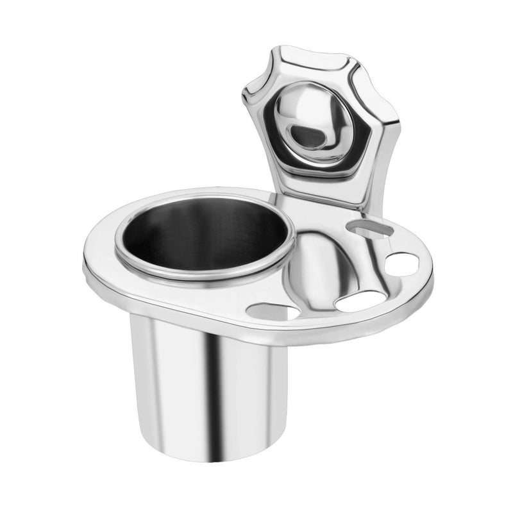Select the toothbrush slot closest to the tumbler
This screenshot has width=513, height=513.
click(x=273, y=312)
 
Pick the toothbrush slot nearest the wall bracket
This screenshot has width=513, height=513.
click(x=369, y=227)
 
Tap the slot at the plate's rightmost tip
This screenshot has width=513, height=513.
click(x=402, y=264)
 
